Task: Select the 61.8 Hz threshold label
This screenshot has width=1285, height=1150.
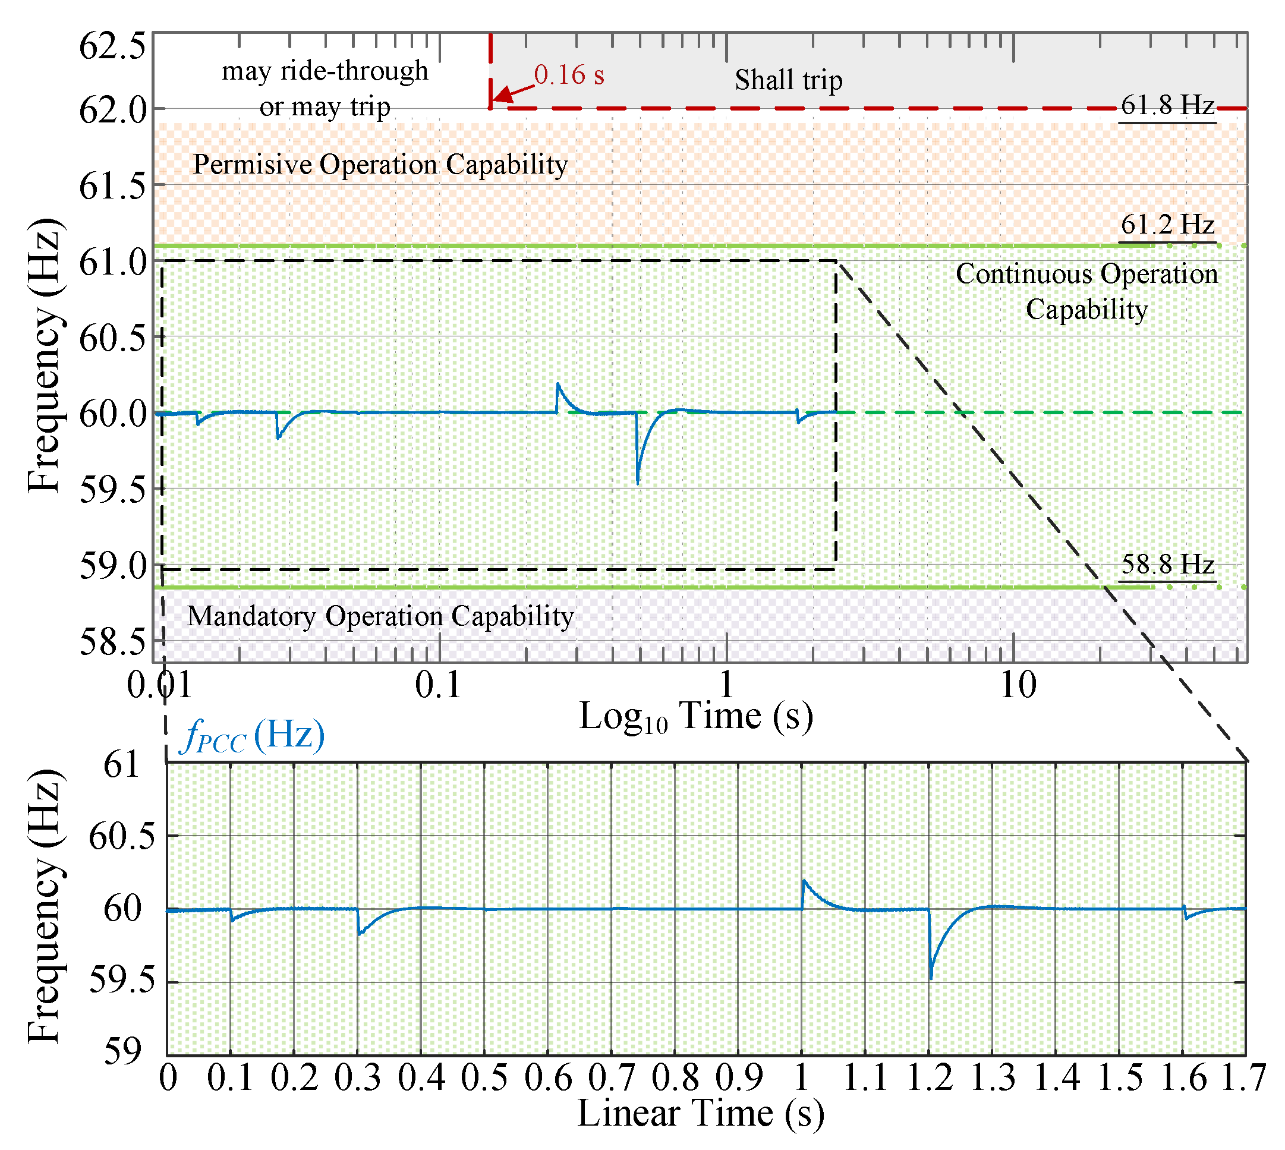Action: pos(1167,105)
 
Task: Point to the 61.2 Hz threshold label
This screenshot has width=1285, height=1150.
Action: pos(1167,224)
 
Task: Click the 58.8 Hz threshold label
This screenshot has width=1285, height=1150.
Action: pos(1167,564)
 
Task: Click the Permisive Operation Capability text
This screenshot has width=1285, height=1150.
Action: pos(380,164)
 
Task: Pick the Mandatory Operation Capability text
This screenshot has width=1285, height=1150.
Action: pos(380,616)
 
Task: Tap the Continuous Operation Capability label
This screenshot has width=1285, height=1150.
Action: pos(1086,291)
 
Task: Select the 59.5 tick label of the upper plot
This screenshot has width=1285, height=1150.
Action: pos(112,490)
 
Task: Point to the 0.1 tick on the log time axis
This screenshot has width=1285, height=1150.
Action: pos(439,685)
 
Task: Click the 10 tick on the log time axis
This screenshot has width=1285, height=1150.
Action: pos(1017,685)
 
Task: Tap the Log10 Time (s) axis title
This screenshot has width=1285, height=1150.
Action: pos(695,717)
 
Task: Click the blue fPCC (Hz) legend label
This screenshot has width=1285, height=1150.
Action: pos(253,736)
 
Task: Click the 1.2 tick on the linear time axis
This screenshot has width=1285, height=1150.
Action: pos(929,1078)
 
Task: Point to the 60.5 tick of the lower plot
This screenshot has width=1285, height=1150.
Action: pos(121,837)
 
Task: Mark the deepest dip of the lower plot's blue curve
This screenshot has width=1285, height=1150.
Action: pos(931,978)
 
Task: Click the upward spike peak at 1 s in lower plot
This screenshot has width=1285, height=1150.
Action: pos(804,880)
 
